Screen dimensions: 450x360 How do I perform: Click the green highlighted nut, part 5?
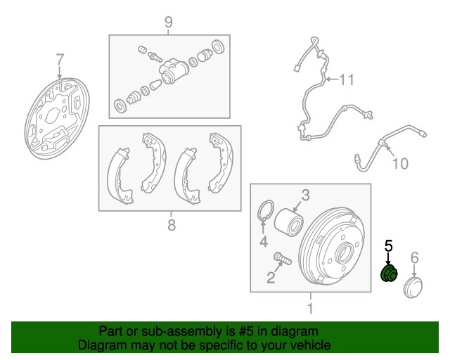point(389,274)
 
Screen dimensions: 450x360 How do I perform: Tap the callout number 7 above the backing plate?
point(59,60)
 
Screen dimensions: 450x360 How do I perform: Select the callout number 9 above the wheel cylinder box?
point(169,22)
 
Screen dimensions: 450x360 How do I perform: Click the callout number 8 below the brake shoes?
point(172,225)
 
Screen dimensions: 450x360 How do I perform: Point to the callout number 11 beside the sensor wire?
point(347,79)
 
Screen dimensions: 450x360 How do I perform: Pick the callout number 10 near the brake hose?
point(400,164)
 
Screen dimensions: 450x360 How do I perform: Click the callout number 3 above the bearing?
point(306,195)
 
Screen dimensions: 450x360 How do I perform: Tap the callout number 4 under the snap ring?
point(264,241)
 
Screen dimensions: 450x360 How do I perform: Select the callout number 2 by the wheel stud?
point(271,278)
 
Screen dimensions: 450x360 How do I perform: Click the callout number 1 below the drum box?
point(310,308)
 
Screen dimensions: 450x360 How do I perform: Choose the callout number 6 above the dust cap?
point(414,257)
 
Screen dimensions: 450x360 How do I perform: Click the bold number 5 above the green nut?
point(388,246)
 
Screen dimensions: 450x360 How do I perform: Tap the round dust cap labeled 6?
point(413,288)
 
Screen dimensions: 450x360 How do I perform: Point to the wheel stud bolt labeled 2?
point(283,258)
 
